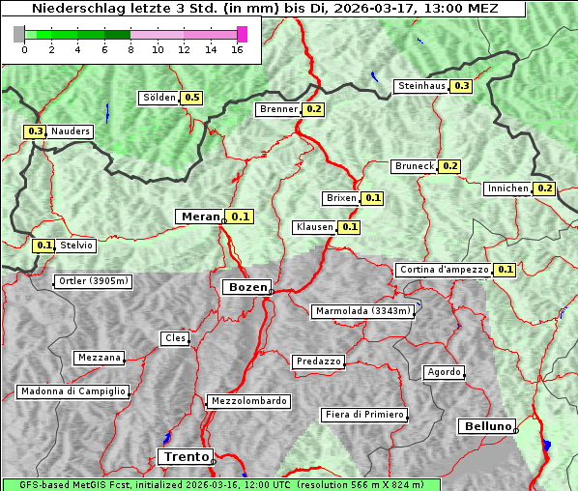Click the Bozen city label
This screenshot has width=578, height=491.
pos(246,287)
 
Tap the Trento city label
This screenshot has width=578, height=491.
pos(184,456)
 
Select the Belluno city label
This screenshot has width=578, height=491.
pos(486,425)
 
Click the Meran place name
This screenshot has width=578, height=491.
pos(199,217)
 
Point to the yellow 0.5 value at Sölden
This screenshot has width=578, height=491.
pos(191,98)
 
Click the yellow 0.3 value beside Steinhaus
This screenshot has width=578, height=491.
pos(462,86)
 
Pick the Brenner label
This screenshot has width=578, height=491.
pos(278,109)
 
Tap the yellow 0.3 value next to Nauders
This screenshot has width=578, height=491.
pos(36,130)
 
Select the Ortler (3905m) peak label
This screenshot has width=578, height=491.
pos(92,281)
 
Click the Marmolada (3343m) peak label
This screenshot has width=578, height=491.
pos(363,311)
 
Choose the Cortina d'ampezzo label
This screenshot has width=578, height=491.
pos(443,270)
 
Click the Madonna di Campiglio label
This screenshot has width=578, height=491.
pos(72,391)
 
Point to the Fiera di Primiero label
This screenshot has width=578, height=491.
pos(363,415)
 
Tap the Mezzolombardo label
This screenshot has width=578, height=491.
pos(247,400)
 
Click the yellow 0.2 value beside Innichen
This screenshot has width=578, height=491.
pos(545,188)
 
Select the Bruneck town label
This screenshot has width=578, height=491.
pos(415,166)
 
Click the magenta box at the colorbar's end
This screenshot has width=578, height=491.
pos(242,34)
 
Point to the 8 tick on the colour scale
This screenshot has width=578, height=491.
pos(130,49)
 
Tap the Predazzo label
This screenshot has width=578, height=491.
pos(318,361)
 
